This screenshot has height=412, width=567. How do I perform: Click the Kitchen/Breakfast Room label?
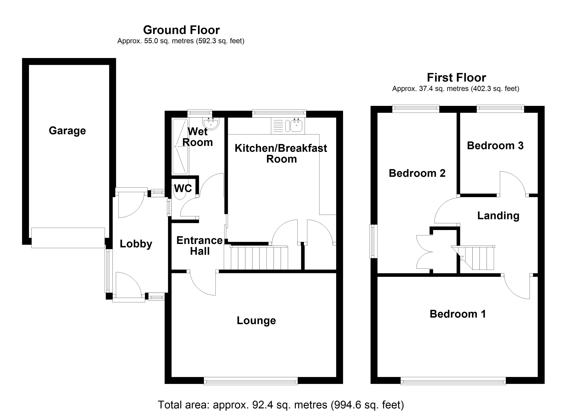click(x=281, y=153)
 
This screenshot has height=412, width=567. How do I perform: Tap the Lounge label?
click(x=256, y=321)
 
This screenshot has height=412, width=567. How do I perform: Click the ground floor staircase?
click(x=259, y=258)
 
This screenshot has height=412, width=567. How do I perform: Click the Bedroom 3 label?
click(x=495, y=146)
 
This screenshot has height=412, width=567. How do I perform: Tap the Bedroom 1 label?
click(x=458, y=314)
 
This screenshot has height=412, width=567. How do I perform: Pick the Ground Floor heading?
click(x=181, y=30)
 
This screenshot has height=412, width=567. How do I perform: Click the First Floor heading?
click(x=456, y=78)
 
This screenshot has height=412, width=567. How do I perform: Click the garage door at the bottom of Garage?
click(x=68, y=238)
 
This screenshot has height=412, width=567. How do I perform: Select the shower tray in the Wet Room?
click(x=180, y=147)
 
